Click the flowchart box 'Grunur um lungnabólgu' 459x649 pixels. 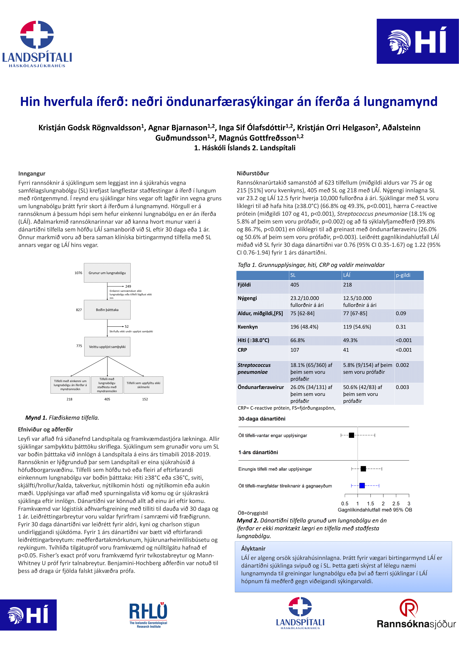107,273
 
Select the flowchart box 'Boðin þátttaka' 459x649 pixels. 107,310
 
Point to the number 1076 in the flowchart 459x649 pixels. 78,273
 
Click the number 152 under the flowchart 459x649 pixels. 145,399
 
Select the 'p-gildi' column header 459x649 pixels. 403,275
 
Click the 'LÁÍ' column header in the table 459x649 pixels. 347,275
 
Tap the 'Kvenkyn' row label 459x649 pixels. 248,327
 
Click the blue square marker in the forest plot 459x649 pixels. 362,486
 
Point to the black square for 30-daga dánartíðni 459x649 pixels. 351,435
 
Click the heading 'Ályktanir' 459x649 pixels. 253,548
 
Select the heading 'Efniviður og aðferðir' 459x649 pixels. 45,429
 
